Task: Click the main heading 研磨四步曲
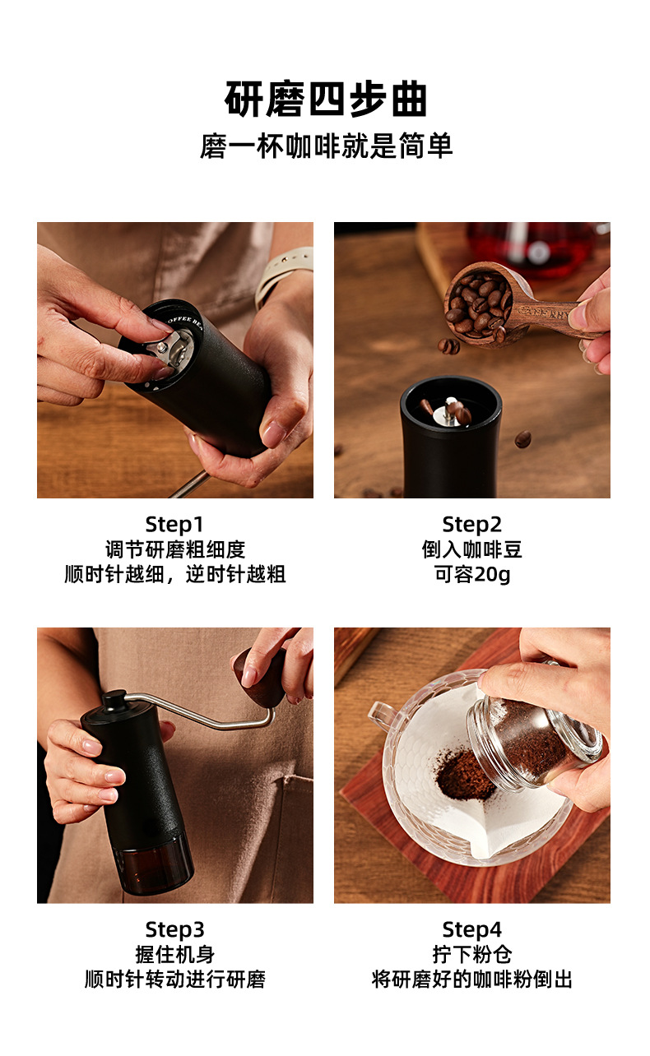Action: click(x=326, y=100)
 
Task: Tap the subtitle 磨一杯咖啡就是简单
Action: click(x=326, y=146)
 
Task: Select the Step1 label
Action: click(x=174, y=525)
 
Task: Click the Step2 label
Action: click(x=471, y=525)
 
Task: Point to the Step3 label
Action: click(x=174, y=930)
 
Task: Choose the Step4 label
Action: click(x=471, y=930)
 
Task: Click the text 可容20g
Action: click(x=471, y=574)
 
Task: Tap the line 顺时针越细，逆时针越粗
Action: click(x=174, y=574)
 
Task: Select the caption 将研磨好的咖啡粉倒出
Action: click(x=471, y=980)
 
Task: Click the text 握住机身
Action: click(x=174, y=955)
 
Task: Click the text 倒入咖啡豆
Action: click(x=471, y=549)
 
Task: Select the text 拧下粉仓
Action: click(x=471, y=955)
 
